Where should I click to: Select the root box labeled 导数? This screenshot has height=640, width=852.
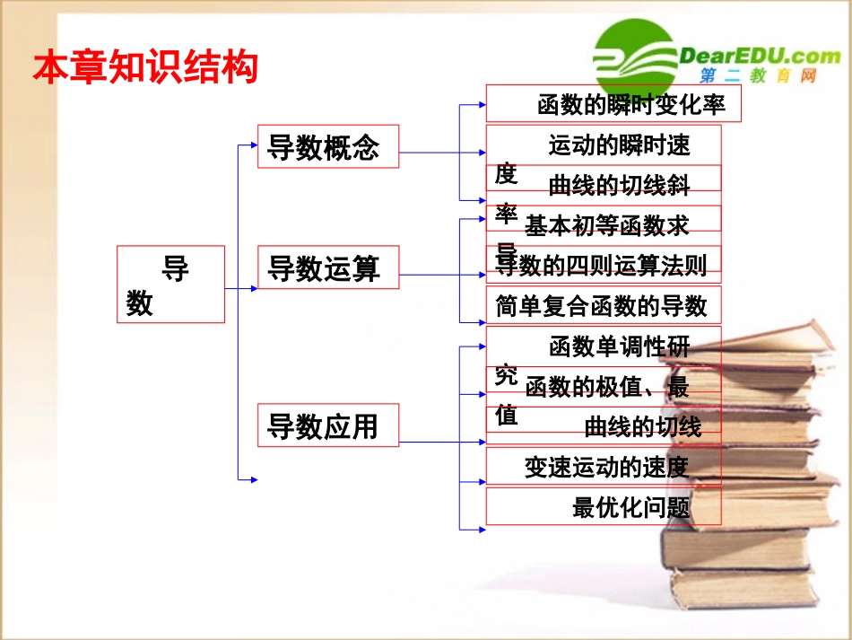[170, 284]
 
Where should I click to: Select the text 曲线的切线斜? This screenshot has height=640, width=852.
[620, 185]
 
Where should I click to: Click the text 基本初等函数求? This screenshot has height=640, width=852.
[607, 224]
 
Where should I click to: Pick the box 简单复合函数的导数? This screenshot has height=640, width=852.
[603, 306]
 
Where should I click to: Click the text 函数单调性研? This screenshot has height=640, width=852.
[620, 346]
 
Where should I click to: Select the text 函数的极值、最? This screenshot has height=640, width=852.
[607, 387]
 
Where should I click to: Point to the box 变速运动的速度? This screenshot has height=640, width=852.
[607, 467]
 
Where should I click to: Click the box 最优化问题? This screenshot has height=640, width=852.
[631, 507]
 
